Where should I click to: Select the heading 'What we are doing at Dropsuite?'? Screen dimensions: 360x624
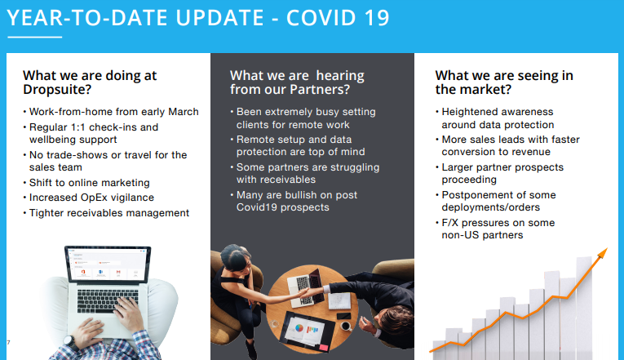[x=90, y=82]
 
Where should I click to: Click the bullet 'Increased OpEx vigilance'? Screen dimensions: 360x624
[x=91, y=198]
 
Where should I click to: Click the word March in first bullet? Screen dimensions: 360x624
[x=181, y=112]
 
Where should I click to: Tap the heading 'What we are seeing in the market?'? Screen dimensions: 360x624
[x=503, y=82]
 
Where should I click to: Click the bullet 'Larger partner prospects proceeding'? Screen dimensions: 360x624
[x=513, y=174]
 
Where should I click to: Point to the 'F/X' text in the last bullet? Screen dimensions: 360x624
[x=451, y=223]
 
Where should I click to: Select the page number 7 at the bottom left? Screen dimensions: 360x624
[x=7, y=341]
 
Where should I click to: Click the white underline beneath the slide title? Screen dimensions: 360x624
[x=33, y=38]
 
